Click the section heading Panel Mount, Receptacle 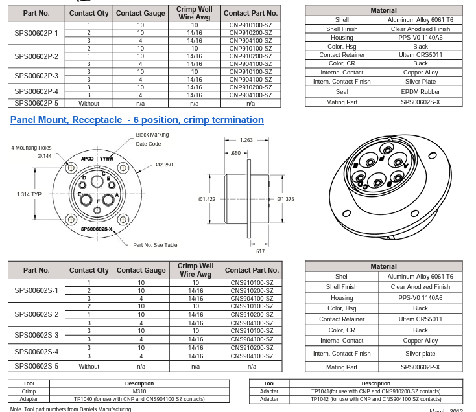click(137, 120)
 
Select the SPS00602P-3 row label click(36, 76)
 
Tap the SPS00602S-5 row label click(36, 366)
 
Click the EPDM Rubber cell click(420, 92)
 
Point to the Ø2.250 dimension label click(164, 165)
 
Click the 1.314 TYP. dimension click(30, 194)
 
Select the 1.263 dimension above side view click(246, 140)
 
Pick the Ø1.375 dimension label click(285, 199)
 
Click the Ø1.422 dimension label click(208, 199)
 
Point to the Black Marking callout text click(152, 135)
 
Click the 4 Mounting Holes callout click(31, 148)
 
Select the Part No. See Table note click(155, 245)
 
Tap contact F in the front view click(97, 201)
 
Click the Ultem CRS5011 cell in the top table click(420, 55)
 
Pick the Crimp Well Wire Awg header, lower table click(195, 270)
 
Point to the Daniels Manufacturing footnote click(71, 409)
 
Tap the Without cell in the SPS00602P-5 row click(89, 103)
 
